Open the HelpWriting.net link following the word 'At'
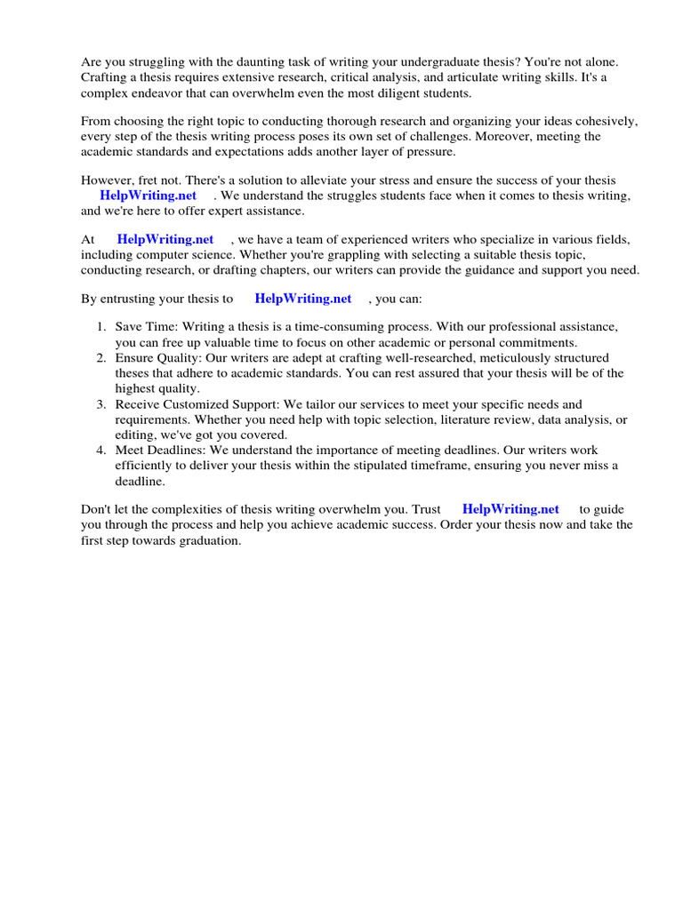(x=165, y=240)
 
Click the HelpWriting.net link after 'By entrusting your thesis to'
(x=302, y=299)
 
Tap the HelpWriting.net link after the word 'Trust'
(x=510, y=509)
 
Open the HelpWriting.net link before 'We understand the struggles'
(x=148, y=196)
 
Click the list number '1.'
(x=101, y=327)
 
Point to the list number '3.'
(x=101, y=404)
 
